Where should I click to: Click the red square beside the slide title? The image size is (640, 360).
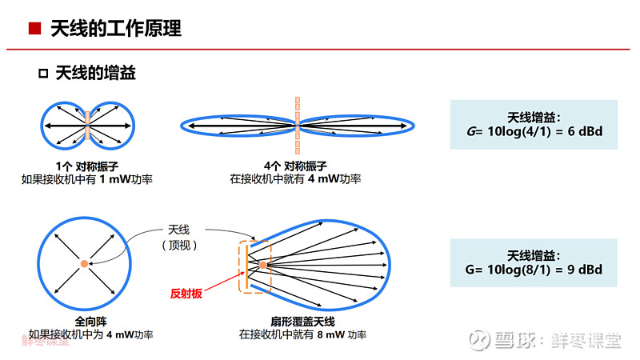[34, 29]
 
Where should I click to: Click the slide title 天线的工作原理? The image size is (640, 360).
[116, 29]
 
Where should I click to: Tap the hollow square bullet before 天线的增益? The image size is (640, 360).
[43, 74]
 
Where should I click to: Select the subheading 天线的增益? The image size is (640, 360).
[95, 73]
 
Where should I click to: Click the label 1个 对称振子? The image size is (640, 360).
[87, 166]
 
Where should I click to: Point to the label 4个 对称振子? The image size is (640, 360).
[295, 166]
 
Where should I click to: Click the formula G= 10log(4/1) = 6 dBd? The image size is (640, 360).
[534, 131]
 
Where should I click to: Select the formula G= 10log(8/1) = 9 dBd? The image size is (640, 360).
[534, 270]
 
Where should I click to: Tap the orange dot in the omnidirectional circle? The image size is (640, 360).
[84, 264]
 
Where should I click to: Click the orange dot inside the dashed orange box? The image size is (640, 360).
[263, 266]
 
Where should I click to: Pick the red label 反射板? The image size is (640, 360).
[186, 294]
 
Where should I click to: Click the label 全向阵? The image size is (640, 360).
[90, 322]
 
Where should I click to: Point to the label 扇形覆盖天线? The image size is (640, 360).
[303, 322]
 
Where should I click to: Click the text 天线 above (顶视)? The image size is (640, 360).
[178, 230]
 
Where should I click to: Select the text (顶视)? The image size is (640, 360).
[179, 245]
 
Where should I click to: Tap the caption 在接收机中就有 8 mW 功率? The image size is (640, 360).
[302, 334]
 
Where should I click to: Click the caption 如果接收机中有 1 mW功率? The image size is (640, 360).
[87, 179]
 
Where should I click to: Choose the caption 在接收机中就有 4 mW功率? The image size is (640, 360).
[295, 178]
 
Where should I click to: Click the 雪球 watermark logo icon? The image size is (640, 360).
[478, 340]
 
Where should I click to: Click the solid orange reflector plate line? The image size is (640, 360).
[247, 266]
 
